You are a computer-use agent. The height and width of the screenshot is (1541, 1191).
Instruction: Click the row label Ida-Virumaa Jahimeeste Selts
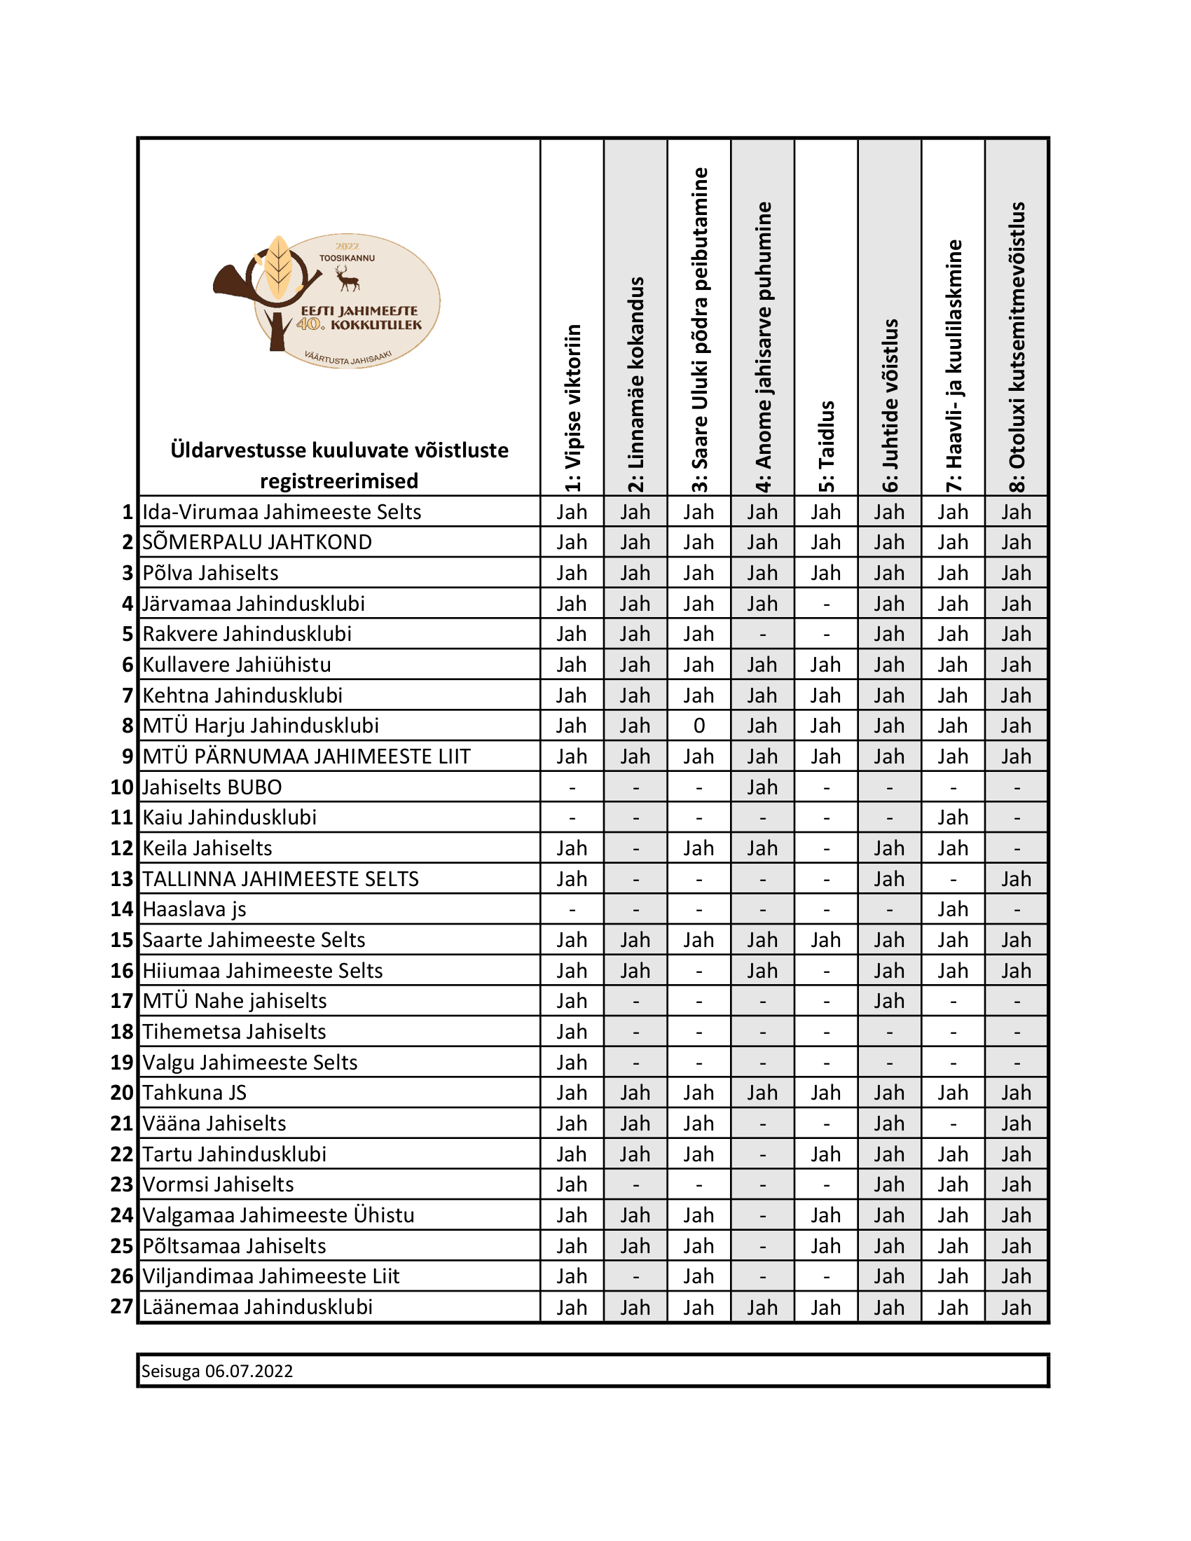[x=282, y=511]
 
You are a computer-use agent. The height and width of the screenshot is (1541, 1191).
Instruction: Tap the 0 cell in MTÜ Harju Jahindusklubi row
[x=698, y=726]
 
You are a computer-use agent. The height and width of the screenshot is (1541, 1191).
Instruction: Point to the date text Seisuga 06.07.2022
[x=216, y=1371]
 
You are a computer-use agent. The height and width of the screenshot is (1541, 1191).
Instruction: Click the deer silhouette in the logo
[x=347, y=278]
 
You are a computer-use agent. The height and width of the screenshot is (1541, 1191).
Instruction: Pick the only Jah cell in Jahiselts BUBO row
[x=762, y=787]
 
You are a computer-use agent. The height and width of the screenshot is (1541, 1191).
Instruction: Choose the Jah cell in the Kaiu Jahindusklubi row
[x=953, y=817]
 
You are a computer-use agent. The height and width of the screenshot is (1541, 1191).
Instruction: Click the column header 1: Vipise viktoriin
[x=572, y=407]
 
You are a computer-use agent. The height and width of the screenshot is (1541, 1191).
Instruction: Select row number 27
[x=122, y=1307]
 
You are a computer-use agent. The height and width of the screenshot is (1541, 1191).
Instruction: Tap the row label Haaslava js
[x=194, y=908]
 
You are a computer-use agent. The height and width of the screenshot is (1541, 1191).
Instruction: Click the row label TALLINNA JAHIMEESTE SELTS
[x=280, y=878]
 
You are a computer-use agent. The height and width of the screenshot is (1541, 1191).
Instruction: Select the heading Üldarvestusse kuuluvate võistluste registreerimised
[x=338, y=465]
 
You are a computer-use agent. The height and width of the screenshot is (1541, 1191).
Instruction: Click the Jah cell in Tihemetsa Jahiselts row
[x=572, y=1032]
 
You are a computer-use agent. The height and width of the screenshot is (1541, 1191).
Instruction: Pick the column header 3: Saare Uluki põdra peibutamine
[x=699, y=329]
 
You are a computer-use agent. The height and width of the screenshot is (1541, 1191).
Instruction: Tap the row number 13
[x=122, y=878]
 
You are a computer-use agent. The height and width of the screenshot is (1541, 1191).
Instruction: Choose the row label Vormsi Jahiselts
[x=218, y=1184]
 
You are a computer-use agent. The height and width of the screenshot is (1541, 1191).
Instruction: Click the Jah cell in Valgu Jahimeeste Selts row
[x=572, y=1062]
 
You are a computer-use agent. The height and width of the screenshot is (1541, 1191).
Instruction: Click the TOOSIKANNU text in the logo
[x=347, y=258]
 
